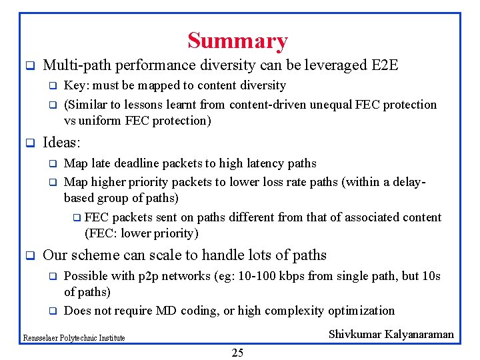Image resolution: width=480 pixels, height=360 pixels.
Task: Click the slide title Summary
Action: (x=237, y=41)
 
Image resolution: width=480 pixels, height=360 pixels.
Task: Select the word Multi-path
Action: (x=73, y=65)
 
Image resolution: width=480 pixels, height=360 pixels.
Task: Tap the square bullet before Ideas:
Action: (x=29, y=143)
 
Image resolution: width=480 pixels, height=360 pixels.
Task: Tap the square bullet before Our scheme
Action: (x=29, y=255)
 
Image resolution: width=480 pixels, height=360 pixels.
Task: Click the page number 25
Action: (x=237, y=353)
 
